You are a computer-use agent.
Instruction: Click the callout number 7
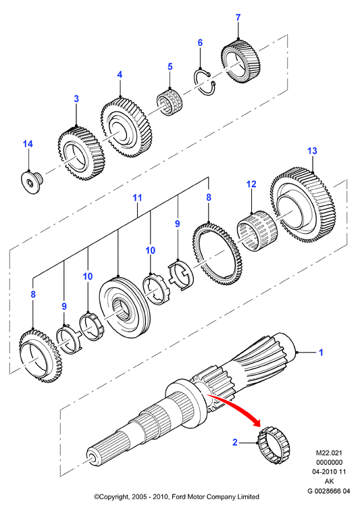point(238,18)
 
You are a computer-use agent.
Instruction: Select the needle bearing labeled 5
point(170,101)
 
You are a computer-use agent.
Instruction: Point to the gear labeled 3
point(81,151)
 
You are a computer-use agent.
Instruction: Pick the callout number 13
point(312,151)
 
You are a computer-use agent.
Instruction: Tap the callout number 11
point(138,197)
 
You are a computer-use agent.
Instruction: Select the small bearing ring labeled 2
point(274,444)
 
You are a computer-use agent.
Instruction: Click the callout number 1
point(321,352)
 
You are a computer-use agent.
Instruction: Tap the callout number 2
point(235,442)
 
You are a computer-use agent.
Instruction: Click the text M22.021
point(329,453)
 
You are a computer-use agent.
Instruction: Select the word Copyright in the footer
point(114,496)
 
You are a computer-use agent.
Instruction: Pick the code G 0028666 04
point(329,491)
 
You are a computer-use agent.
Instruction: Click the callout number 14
point(28,144)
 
